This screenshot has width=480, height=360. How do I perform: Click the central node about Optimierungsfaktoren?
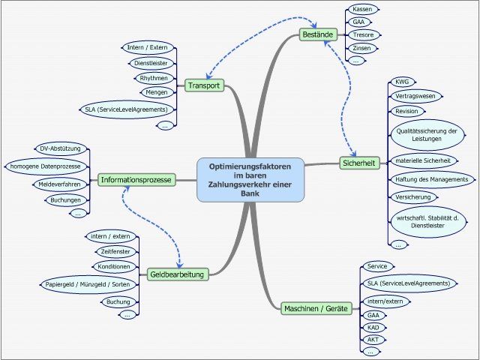tap(250, 179)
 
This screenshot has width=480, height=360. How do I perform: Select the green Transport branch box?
tap(204, 85)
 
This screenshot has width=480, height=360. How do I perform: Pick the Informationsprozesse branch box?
tap(136, 180)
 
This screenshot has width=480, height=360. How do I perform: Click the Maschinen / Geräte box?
tap(317, 308)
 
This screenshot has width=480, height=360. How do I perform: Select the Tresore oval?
tap(363, 34)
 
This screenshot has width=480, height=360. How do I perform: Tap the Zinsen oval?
tap(361, 47)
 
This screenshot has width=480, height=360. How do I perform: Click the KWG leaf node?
tap(402, 82)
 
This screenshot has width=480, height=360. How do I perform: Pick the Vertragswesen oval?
tap(415, 97)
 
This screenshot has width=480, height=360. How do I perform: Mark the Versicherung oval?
tap(412, 196)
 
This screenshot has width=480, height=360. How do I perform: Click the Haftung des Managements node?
tap(430, 179)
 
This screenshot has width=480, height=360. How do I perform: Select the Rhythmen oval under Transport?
tap(153, 78)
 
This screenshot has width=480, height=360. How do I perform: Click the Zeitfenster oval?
tap(115, 251)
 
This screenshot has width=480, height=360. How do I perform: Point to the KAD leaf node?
tap(372, 327)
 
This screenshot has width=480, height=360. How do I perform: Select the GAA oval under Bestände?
tap(358, 22)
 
